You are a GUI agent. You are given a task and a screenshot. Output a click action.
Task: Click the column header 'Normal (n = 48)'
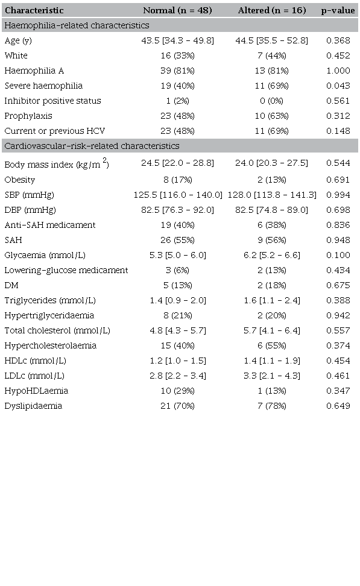pos(177,10)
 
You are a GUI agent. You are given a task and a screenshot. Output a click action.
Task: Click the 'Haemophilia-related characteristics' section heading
pos(77,25)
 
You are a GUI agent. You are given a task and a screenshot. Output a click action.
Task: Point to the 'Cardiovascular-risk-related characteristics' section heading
pos(91,146)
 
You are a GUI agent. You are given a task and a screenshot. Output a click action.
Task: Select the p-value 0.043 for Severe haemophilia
pos(338,86)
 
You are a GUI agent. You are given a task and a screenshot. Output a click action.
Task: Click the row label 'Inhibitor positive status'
pos(52,101)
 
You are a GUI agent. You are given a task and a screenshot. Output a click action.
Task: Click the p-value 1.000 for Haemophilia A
pos(338,71)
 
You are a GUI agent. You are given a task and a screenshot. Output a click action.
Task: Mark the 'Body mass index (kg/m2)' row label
pos(57,164)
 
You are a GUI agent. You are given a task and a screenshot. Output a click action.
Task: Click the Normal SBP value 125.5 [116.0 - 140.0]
pos(177,195)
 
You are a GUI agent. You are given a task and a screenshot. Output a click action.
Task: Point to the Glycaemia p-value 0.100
pos(338,255)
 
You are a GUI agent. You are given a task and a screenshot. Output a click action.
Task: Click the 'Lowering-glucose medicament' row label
pos(66,270)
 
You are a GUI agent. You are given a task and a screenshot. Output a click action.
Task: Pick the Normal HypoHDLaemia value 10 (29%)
pos(177,391)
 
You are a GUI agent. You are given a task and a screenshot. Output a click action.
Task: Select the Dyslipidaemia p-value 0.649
pos(338,406)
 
